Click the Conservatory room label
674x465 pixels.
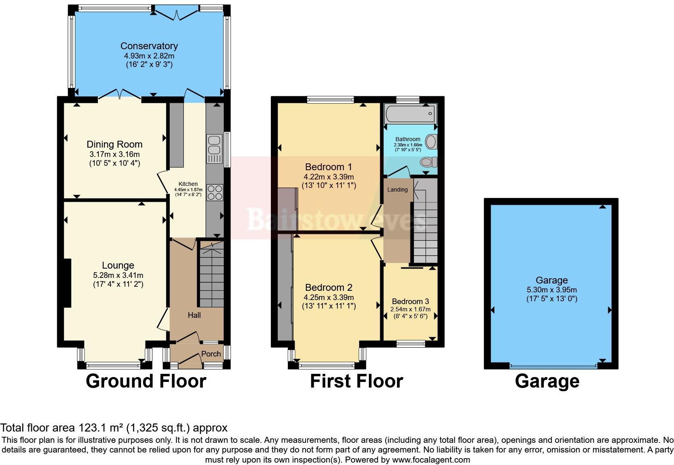click(x=149, y=46)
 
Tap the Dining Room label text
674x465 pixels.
click(x=114, y=144)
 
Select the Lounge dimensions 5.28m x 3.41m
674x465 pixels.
click(x=118, y=275)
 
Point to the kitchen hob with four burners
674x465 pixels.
click(x=214, y=192)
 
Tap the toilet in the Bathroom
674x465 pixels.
click(x=428, y=162)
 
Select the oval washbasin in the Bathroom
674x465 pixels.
click(x=431, y=142)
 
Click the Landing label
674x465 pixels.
click(x=397, y=190)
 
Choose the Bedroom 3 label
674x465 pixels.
click(x=410, y=301)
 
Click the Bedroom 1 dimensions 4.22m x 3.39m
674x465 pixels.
click(x=329, y=177)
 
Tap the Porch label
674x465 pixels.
click(x=211, y=354)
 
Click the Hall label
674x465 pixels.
click(x=194, y=315)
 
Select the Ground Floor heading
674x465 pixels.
click(x=146, y=381)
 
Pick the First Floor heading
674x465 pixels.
click(x=356, y=381)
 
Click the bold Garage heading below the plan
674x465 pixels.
click(x=547, y=381)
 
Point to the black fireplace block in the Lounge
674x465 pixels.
click(x=66, y=283)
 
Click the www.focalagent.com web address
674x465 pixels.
click(x=431, y=459)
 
